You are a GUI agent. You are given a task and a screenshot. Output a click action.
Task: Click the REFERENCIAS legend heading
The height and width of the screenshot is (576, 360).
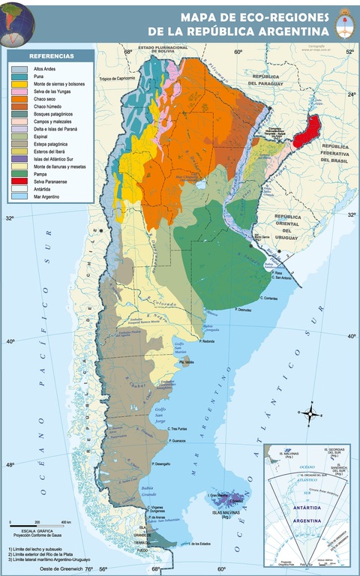[51, 56]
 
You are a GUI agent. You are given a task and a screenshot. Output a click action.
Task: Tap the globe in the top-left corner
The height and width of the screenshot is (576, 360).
[16, 21]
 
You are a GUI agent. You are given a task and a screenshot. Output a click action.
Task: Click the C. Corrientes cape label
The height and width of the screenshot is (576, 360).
[268, 298]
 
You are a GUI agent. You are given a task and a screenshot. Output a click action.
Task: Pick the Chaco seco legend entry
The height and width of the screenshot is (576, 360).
[45, 99]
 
